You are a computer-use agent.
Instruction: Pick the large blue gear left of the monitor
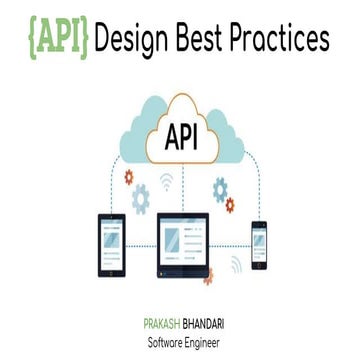[141, 199]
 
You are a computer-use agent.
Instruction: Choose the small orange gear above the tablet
[128, 177]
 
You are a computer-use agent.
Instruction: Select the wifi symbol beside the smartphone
[237, 266]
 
